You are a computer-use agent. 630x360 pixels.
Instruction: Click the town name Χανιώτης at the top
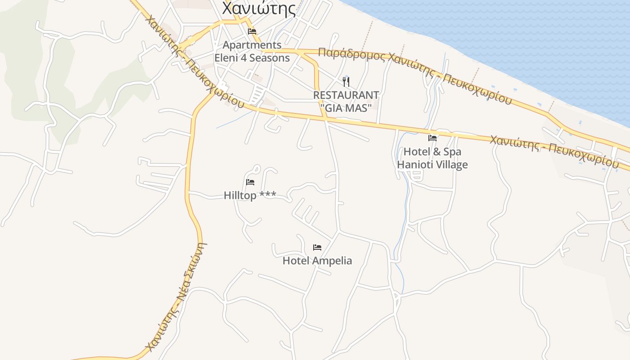coord(259,8)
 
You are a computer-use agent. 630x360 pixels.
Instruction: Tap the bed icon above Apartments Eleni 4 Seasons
coord(252,31)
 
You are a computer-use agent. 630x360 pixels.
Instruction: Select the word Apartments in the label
coord(252,45)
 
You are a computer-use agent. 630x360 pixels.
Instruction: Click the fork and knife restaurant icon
coord(346,82)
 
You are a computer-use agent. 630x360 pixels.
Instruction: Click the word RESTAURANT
coord(346,95)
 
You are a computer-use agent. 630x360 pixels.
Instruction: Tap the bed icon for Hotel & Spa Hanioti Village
coord(432,138)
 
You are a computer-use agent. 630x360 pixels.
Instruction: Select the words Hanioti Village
coord(432,165)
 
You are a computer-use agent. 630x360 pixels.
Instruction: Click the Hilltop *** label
coord(250,195)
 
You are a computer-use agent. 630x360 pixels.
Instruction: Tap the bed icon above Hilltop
coord(250,182)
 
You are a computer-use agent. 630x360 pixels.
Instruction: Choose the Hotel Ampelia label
coord(317,261)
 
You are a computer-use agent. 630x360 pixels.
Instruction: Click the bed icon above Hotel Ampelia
coord(317,247)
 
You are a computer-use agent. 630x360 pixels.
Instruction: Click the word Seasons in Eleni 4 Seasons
coord(270,58)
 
